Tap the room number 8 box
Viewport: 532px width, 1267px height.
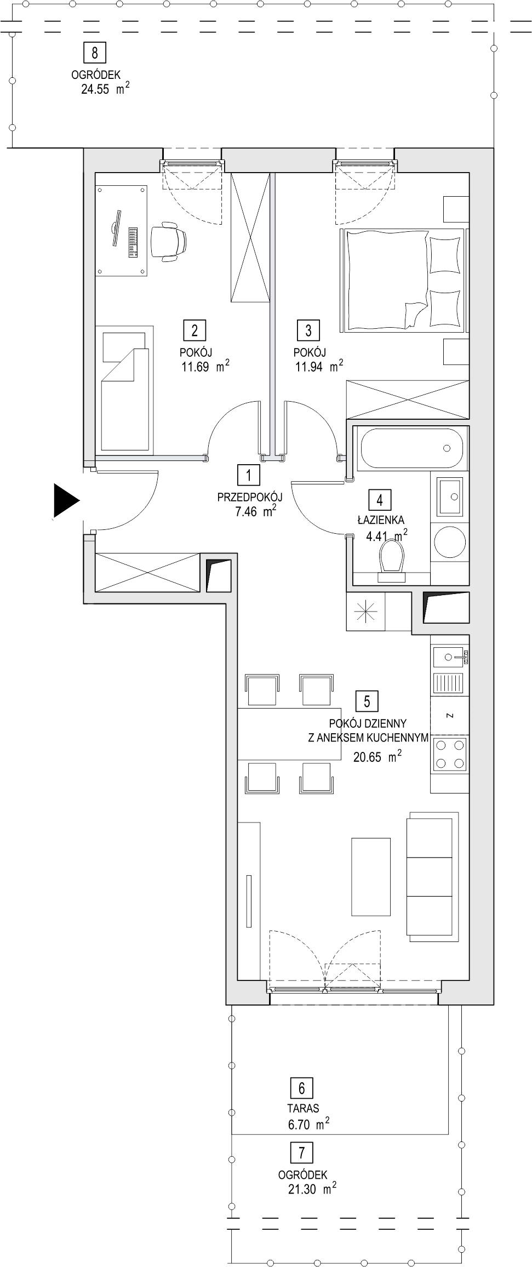click(95, 53)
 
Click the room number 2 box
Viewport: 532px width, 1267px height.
click(195, 330)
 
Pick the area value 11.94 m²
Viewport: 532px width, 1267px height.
click(320, 366)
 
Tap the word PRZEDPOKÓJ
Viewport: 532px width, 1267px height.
click(250, 498)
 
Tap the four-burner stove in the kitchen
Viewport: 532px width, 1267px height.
click(450, 754)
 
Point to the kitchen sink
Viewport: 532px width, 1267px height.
click(450, 657)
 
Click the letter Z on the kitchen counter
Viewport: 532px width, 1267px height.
click(449, 716)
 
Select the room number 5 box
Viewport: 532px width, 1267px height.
click(367, 701)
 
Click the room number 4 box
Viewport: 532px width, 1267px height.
click(380, 500)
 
